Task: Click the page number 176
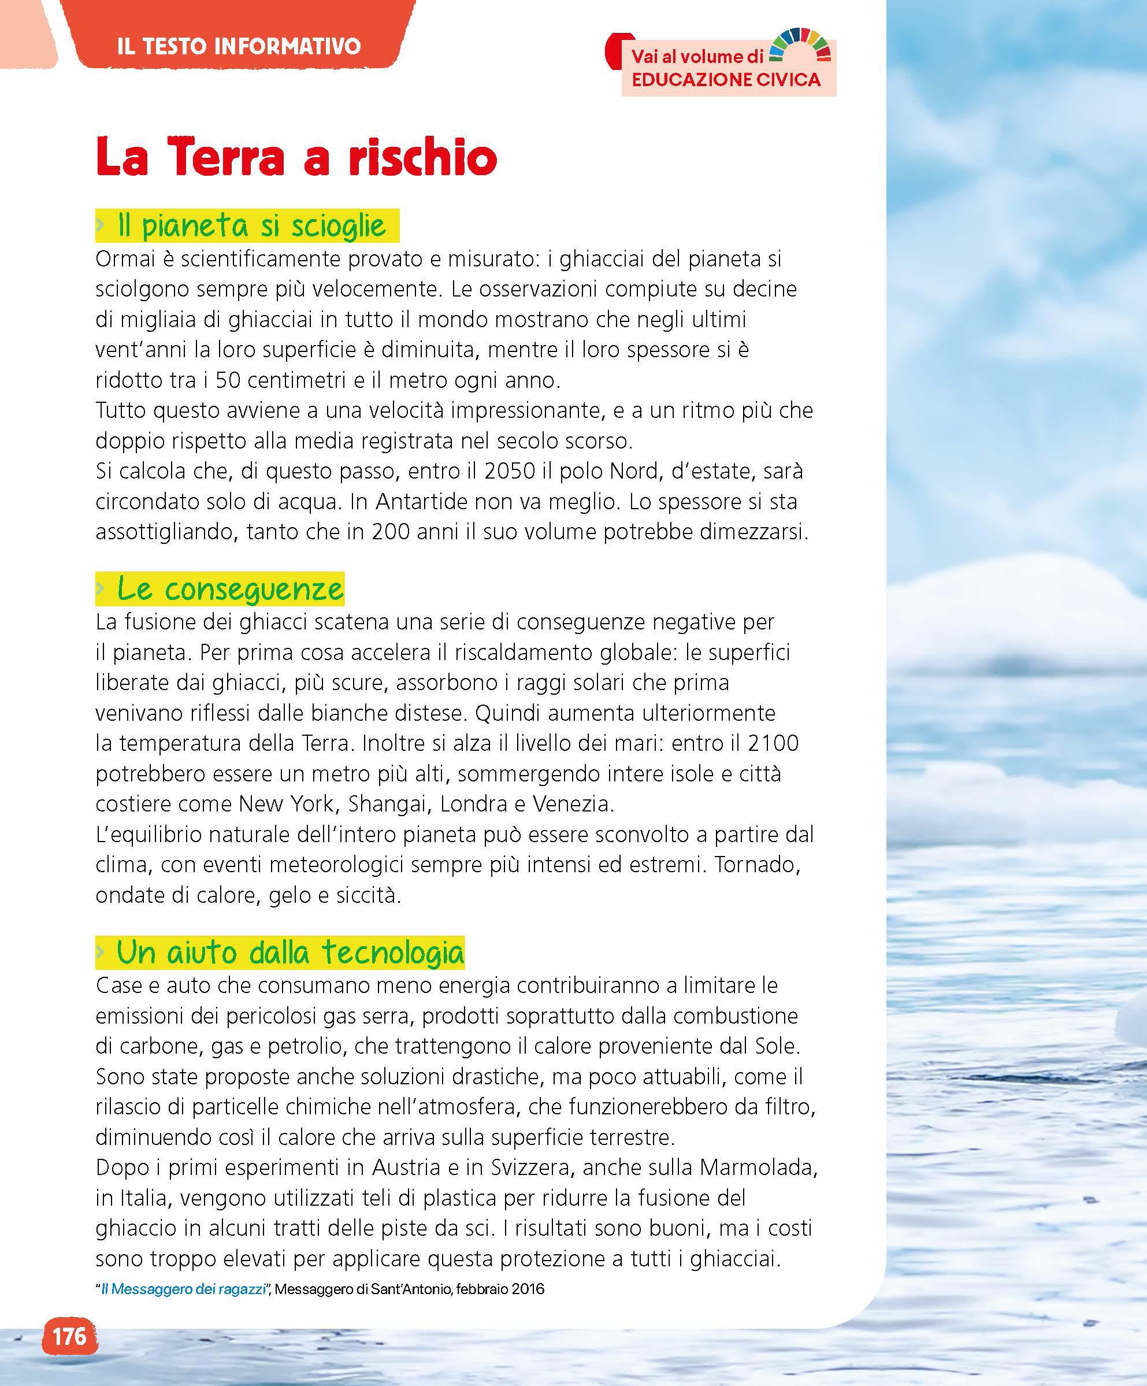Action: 69,1336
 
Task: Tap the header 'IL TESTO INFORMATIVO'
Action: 239,46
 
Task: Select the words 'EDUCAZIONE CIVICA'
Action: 726,80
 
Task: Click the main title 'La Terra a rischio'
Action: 296,158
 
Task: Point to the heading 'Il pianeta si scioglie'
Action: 251,227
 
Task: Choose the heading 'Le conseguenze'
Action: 229,589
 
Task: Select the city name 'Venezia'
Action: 572,804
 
